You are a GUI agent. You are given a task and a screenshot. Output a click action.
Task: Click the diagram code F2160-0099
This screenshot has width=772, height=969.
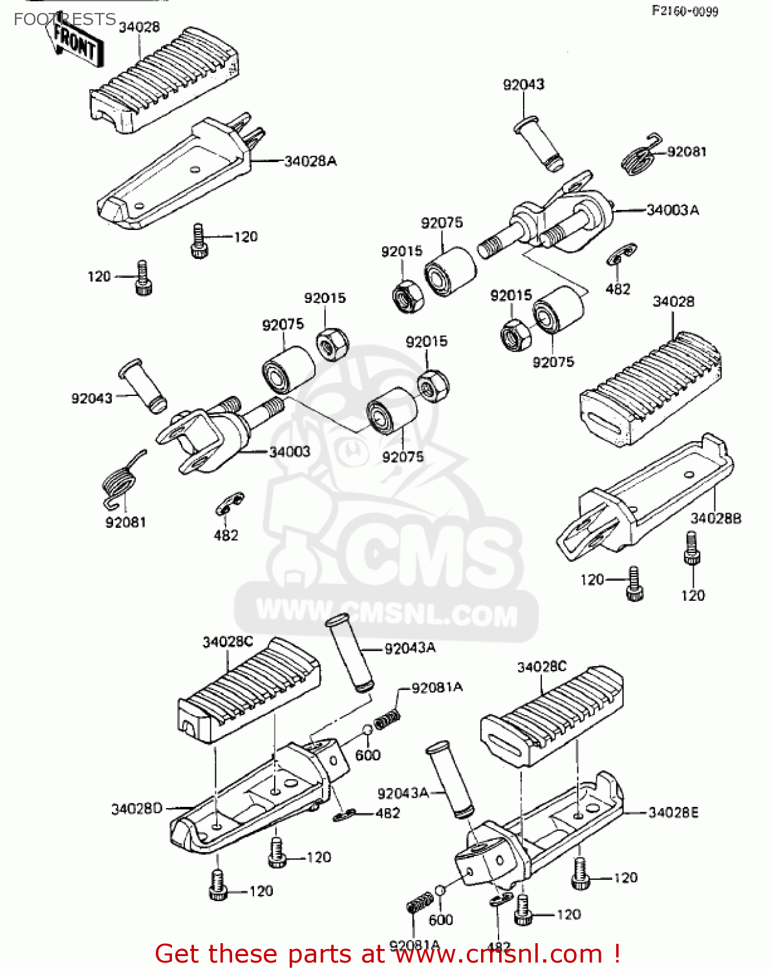point(684,11)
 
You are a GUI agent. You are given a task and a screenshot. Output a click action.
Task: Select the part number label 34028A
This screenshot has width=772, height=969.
point(310,161)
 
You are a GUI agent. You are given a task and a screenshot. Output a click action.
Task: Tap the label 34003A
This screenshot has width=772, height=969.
point(672,210)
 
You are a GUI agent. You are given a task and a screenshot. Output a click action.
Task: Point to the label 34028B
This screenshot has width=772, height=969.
point(716,518)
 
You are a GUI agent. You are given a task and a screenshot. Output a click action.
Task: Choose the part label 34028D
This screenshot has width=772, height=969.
point(136,809)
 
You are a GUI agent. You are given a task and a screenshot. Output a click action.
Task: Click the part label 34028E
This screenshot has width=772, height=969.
point(673,813)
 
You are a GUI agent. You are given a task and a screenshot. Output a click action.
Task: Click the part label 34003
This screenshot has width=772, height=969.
point(290,452)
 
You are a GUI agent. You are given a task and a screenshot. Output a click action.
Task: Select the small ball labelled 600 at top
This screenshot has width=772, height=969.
point(367,731)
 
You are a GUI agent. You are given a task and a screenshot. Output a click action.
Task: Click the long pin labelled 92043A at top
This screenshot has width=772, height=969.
point(352,654)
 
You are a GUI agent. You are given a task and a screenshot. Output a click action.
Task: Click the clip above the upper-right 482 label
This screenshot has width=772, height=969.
point(622,254)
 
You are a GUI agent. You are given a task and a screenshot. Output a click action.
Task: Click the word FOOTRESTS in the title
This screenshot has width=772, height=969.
point(65,19)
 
